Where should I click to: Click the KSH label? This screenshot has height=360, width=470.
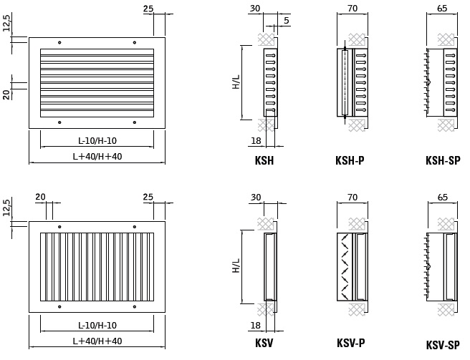point(264,160)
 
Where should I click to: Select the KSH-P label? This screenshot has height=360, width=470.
point(350,160)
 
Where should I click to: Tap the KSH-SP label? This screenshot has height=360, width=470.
point(443,160)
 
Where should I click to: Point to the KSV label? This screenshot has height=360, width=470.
point(264,343)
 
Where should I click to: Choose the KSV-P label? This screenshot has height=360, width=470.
point(350,343)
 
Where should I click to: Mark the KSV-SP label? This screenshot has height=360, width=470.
point(443,345)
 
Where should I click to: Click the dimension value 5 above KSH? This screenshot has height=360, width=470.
point(287,20)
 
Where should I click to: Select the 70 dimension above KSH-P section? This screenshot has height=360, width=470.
point(352,9)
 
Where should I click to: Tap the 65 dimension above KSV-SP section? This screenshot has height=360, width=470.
point(443,197)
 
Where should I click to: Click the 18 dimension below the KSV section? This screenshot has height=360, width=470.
point(256,325)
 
